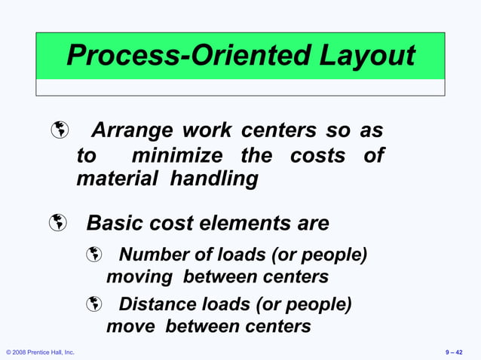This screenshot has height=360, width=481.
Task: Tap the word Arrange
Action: (x=133, y=131)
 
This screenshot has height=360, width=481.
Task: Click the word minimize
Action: (x=177, y=156)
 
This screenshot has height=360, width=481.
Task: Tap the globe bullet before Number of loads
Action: (x=93, y=256)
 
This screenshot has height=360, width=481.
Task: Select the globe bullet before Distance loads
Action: (x=93, y=305)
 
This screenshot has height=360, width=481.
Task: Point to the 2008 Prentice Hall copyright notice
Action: (x=40, y=352)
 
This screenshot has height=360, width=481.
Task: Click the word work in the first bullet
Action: (x=207, y=131)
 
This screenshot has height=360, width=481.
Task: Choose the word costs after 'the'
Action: (x=317, y=156)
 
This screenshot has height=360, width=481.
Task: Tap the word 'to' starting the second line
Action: (x=87, y=156)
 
